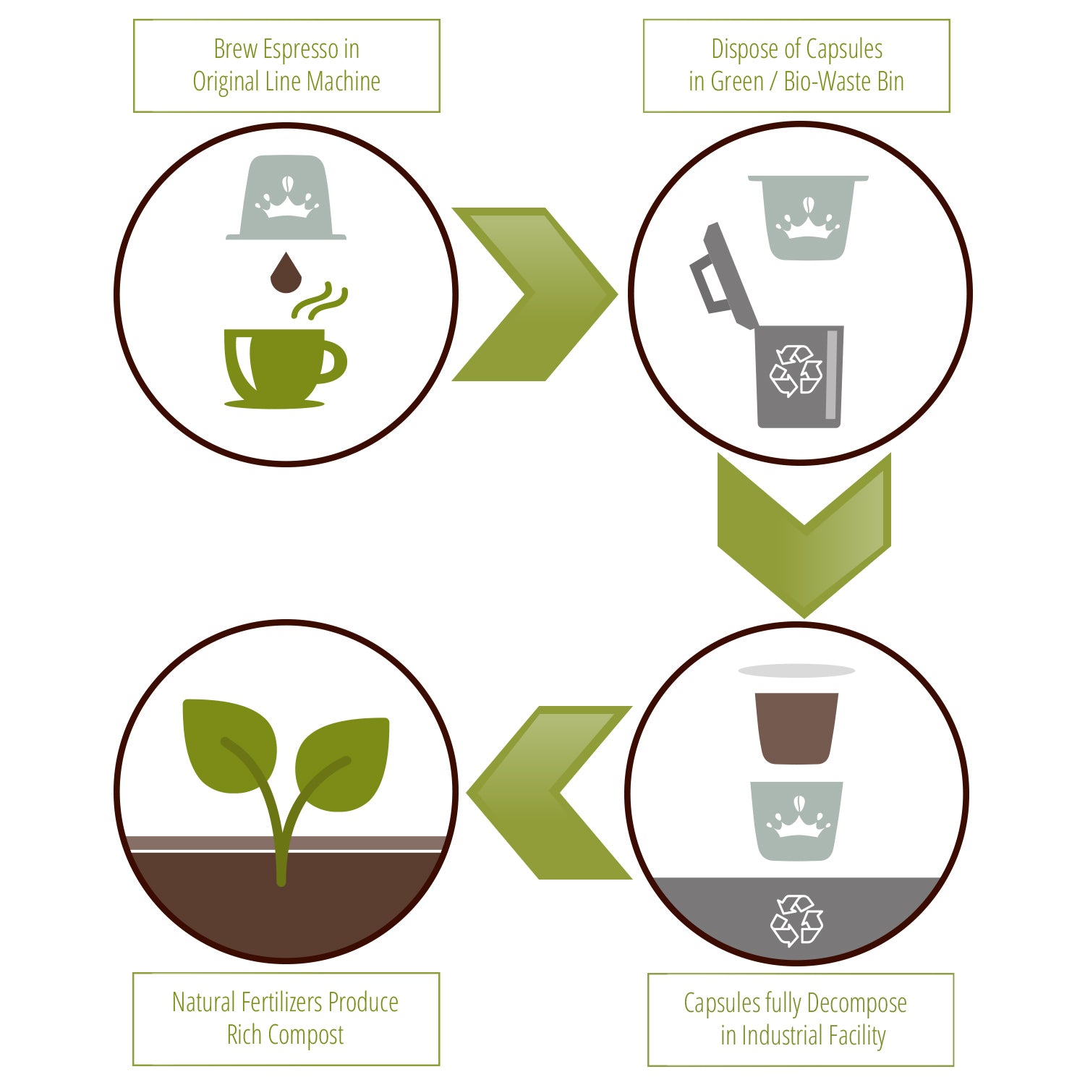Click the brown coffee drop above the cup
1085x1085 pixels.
click(x=286, y=273)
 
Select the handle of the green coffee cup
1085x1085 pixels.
click(x=334, y=362)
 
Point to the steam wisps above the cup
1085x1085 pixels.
click(x=320, y=301)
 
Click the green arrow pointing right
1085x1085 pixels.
click(x=535, y=294)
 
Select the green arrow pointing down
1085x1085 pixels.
click(x=804, y=535)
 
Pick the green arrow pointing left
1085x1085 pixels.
click(x=549, y=793)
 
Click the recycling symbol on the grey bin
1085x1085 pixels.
click(x=796, y=371)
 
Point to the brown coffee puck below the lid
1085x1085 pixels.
click(x=796, y=728)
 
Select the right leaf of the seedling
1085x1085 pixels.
click(x=343, y=765)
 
